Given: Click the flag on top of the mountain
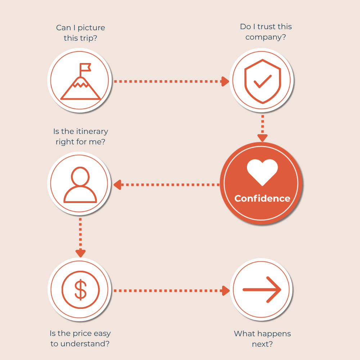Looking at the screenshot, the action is [x=85, y=68].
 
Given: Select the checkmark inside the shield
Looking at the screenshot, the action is [x=263, y=81].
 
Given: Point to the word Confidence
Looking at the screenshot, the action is [x=262, y=198].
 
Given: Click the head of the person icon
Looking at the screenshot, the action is [x=80, y=176].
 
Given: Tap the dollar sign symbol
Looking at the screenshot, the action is [x=81, y=290].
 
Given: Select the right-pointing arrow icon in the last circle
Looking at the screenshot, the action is [x=262, y=290].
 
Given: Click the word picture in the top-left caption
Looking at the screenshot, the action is [x=91, y=28].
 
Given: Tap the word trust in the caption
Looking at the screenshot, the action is [x=266, y=27].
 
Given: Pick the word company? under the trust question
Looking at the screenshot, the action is [x=266, y=37].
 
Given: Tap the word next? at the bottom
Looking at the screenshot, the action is [x=262, y=344].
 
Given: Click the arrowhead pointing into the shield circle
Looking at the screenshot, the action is [x=225, y=81].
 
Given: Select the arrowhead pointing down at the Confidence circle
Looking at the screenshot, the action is [x=262, y=138].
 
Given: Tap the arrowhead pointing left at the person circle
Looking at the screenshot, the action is [x=117, y=185].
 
